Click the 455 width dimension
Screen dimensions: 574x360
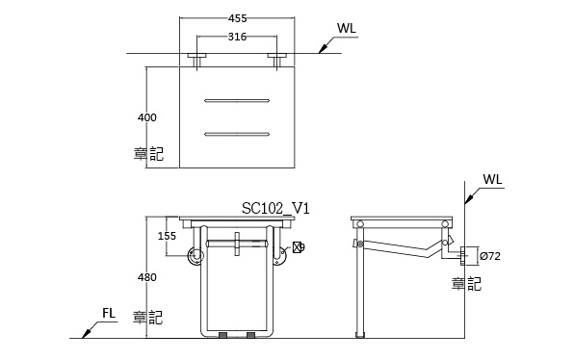pyautogui.click(x=237, y=18)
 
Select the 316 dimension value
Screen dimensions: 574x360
pyautogui.click(x=237, y=37)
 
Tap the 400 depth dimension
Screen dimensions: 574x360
pyautogui.click(x=146, y=117)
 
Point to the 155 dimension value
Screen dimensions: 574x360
pyautogui.click(x=167, y=236)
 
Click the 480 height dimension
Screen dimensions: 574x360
pyautogui.click(x=146, y=277)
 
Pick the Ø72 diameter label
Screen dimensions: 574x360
pyautogui.click(x=490, y=256)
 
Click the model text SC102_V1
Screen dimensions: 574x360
pyautogui.click(x=275, y=208)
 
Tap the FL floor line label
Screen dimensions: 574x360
pyautogui.click(x=109, y=313)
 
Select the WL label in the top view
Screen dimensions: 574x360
pyautogui.click(x=347, y=28)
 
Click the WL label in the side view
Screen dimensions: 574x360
pyautogui.click(x=492, y=179)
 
